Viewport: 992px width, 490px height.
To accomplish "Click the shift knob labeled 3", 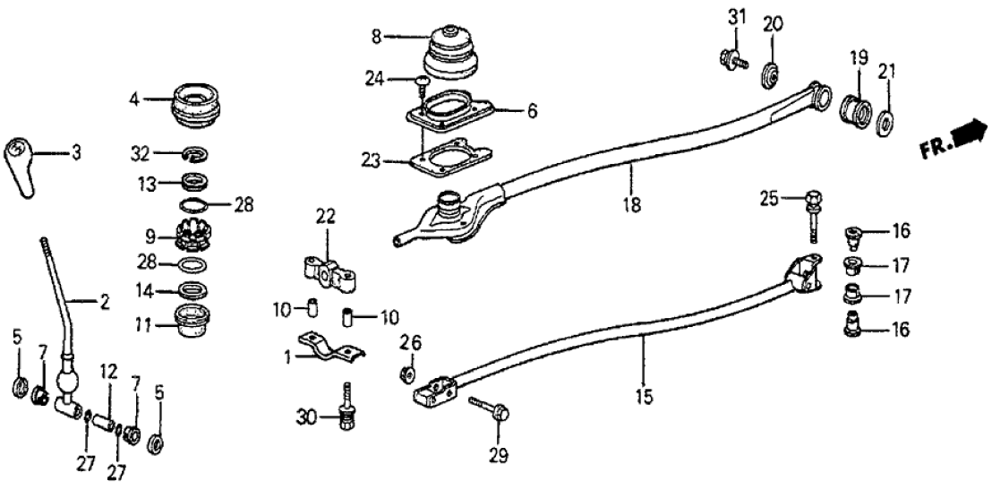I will pyautogui.click(x=21, y=163).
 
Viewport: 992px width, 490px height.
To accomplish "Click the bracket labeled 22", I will pyautogui.click(x=329, y=271).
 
